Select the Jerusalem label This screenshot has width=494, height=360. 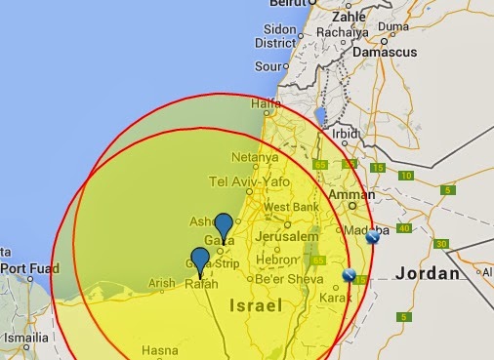tap(287, 237)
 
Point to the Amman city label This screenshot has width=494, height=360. tap(353, 195)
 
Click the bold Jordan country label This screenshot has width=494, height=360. tap(427, 273)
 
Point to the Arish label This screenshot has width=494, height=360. tap(160, 284)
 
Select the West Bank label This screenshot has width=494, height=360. tap(290, 207)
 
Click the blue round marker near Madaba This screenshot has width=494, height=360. tap(372, 236)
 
